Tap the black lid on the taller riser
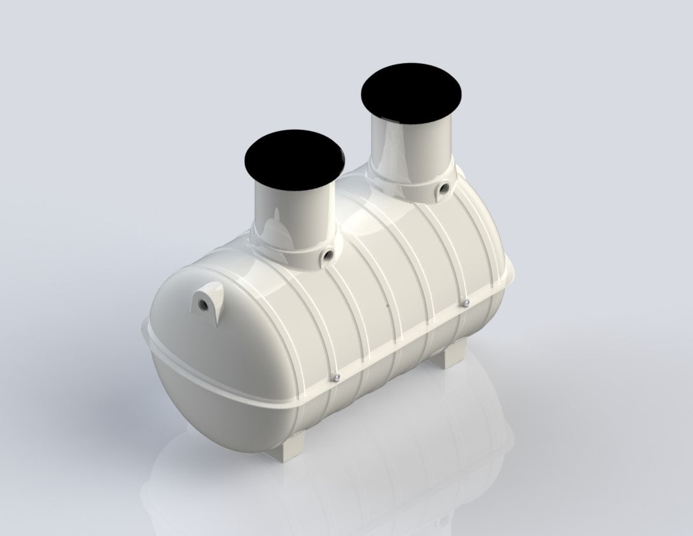click(412, 92)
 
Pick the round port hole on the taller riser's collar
click(443, 189)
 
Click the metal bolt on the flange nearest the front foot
click(338, 379)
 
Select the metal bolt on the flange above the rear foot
click(467, 301)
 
